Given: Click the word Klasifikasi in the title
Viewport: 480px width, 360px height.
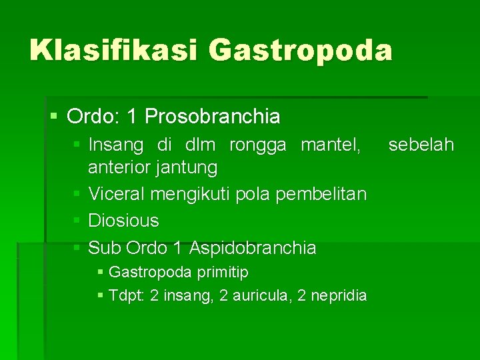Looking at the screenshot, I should tap(114, 51).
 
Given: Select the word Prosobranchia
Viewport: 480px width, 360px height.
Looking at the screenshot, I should tap(213, 117).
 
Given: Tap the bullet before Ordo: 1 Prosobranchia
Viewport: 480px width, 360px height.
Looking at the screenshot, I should tap(55, 117).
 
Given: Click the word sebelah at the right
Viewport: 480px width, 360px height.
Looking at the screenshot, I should tap(421, 145).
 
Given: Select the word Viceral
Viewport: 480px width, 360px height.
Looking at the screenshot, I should tap(117, 194).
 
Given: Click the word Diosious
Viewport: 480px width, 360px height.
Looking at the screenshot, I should tap(123, 220).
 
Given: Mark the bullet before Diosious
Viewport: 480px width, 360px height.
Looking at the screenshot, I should tap(77, 220).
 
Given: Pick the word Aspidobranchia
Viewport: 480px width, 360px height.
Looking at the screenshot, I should tap(253, 248).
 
